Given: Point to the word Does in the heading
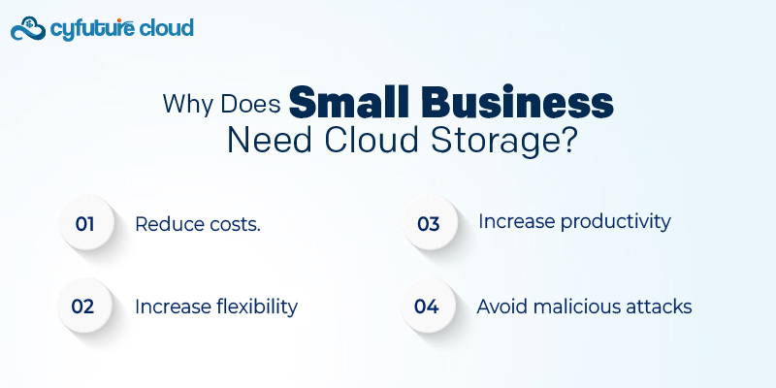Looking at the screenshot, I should point(249,104).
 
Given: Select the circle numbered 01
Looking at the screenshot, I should point(85,224).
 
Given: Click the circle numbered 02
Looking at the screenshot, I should point(84,307).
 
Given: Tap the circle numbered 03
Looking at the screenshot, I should point(429,224).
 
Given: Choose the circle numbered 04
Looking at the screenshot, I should point(428,307).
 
